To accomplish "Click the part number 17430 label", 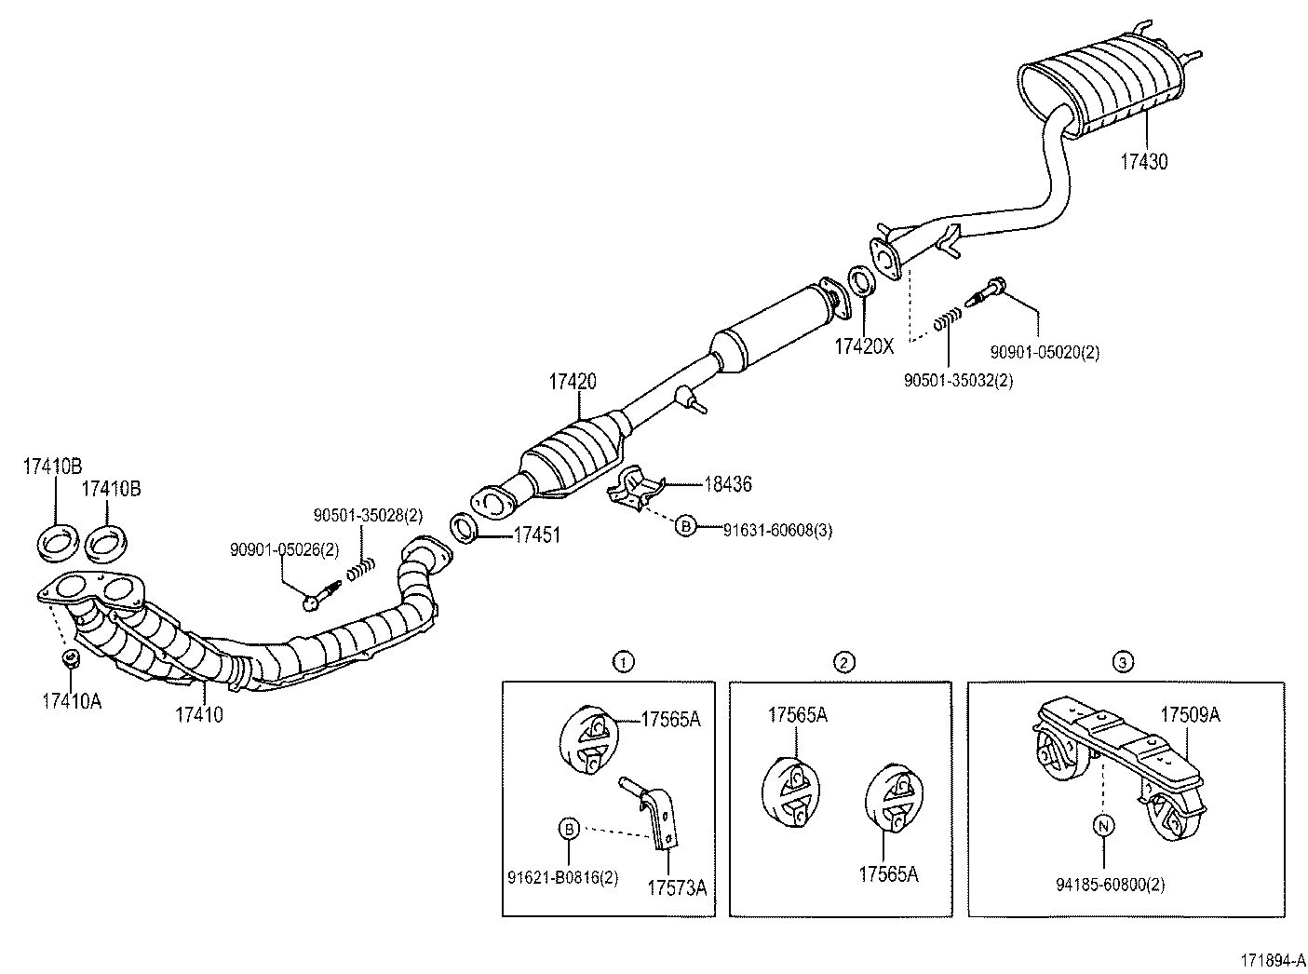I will [1143, 161].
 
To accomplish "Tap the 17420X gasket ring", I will [861, 280].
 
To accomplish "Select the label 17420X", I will [863, 347].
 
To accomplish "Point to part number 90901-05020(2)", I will [1044, 352].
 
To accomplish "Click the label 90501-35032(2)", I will [958, 380].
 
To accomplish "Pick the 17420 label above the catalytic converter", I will [573, 382].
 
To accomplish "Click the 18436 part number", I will [728, 484].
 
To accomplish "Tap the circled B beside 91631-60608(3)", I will [685, 526].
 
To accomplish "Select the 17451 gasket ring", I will [465, 527].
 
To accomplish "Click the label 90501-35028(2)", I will [368, 514].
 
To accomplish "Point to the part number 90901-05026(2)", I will [285, 550].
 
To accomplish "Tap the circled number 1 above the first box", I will [623, 662].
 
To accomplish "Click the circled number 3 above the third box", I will [1123, 662].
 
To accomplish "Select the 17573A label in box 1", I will [677, 887].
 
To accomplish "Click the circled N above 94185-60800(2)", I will [1104, 826].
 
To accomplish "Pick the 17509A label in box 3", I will [1190, 715].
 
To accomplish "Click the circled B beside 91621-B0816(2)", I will [569, 827].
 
